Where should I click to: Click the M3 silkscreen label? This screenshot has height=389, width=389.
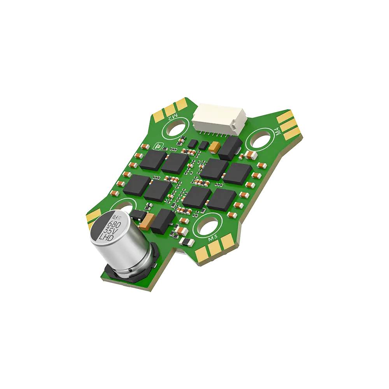[212, 238]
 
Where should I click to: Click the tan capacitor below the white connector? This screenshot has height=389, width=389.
[214, 147]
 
